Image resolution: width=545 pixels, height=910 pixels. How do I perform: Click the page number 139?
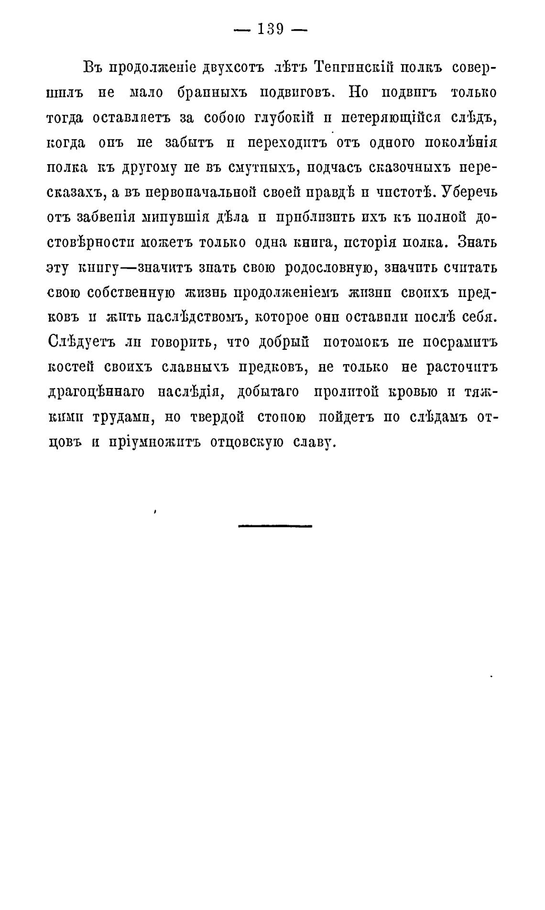(x=271, y=30)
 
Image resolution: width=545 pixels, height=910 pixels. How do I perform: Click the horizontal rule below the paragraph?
(x=274, y=526)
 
